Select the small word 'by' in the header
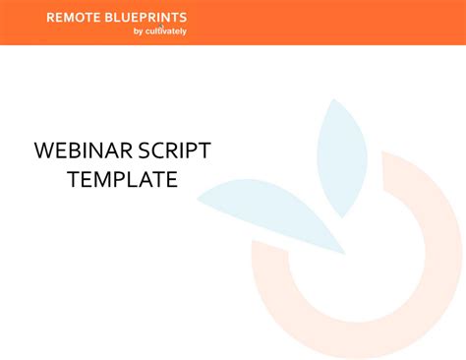pos(138,30)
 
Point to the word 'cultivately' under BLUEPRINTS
pos(166,30)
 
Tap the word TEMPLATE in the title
pos(122,180)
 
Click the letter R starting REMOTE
pos(51,18)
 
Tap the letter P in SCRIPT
pos(188,151)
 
